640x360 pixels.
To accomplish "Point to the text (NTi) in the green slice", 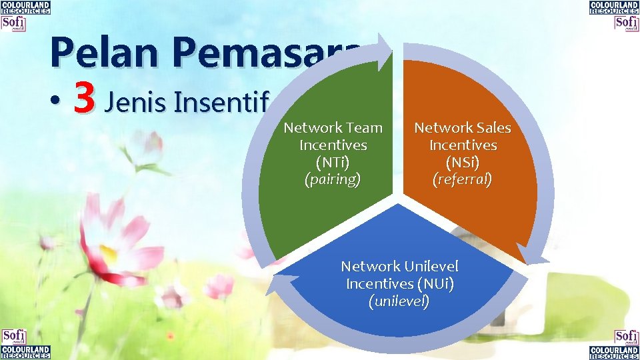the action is tap(333, 162).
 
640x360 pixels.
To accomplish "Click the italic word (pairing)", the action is tap(333, 179).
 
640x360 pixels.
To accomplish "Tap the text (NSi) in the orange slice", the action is tap(463, 162).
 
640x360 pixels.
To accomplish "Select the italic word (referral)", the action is tap(463, 179).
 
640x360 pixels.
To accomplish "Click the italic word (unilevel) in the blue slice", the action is tap(399, 301).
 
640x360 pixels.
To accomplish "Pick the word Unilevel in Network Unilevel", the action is tap(431, 267).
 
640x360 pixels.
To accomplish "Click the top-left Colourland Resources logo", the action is tap(25, 8).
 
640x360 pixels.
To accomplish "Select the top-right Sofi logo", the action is tap(627, 23).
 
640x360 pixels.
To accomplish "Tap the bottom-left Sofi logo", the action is tap(13, 337).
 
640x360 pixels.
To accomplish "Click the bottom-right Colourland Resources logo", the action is tap(614, 352).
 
